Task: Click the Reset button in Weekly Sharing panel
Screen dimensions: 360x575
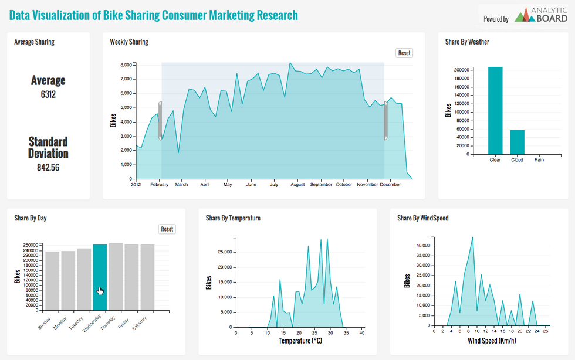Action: pos(404,53)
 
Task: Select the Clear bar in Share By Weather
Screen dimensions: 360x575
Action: pos(495,111)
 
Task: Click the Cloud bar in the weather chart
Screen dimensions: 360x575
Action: pos(517,142)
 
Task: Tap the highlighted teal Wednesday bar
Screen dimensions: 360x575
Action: pos(100,277)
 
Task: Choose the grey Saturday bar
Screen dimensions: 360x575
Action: pos(147,277)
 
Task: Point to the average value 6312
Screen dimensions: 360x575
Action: pos(48,94)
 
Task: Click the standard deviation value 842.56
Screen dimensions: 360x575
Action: pos(48,167)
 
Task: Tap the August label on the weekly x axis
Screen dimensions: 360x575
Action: pos(297,185)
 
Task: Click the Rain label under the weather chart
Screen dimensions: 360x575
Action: pos(538,159)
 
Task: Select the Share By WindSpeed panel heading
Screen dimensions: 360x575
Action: pos(422,218)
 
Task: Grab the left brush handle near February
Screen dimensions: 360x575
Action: pos(160,121)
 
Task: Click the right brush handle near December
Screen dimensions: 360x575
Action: pos(385,121)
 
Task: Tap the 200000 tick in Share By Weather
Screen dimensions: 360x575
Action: pos(461,70)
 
